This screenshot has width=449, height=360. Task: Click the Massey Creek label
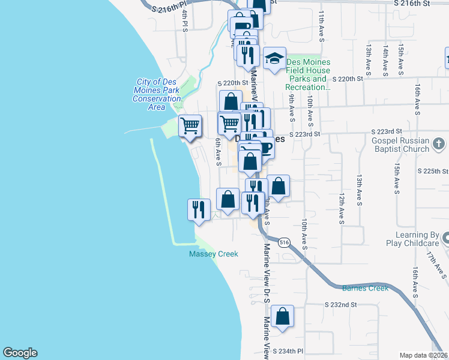tap(214, 254)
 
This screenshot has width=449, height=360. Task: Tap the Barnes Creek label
tap(365, 288)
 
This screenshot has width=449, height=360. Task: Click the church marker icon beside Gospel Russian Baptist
tap(439, 144)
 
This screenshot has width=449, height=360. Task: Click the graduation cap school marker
tap(274, 58)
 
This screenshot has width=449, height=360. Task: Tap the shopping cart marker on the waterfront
tap(190, 126)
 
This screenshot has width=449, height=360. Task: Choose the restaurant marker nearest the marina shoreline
tap(199, 209)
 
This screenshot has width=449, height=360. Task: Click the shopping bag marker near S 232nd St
tap(282, 317)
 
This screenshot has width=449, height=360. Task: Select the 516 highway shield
tap(284, 242)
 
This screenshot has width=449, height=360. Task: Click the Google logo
tap(20, 353)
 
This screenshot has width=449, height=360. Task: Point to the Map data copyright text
tap(423, 355)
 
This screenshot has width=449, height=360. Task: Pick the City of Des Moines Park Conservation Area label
tap(157, 94)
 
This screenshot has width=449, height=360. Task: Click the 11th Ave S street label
tap(322, 25)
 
